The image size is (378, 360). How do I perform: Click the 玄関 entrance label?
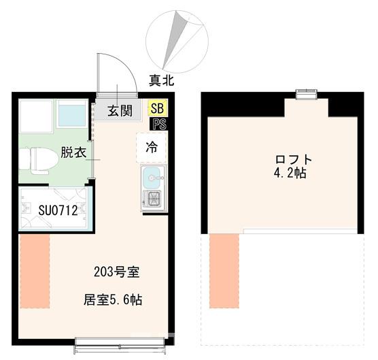pos(118,111)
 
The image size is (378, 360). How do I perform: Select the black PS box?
pos(160,124)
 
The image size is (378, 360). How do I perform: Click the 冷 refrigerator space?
pos(153,146)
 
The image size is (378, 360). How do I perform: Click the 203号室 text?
pos(116,273)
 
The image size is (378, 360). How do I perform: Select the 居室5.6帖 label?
pos(112,299)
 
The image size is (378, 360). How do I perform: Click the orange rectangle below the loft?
pos(224,271)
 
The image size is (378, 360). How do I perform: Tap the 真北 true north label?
pos(162,80)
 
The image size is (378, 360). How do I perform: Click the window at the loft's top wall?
pos(306,95)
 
